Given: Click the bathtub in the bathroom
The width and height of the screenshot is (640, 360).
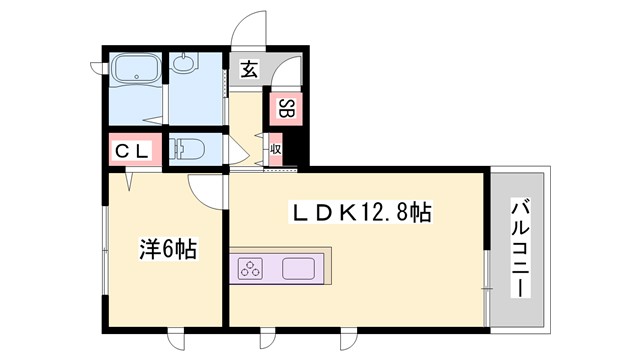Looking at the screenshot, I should (132, 71).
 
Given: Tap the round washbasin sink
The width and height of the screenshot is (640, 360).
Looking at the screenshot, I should (186, 66).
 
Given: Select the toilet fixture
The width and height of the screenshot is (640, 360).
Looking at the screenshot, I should (189, 151).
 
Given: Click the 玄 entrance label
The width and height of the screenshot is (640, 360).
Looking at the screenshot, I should (247, 70).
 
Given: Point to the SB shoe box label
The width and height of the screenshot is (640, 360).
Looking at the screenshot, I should (285, 109).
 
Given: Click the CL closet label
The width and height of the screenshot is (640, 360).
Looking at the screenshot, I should (130, 151).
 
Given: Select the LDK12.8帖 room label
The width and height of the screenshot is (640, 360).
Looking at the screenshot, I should (361, 212).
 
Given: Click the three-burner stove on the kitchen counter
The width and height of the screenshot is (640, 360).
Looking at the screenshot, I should (250, 269).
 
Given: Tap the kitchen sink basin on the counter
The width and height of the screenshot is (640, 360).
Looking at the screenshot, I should (299, 269).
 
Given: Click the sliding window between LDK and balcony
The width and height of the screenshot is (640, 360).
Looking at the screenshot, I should (487, 270).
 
